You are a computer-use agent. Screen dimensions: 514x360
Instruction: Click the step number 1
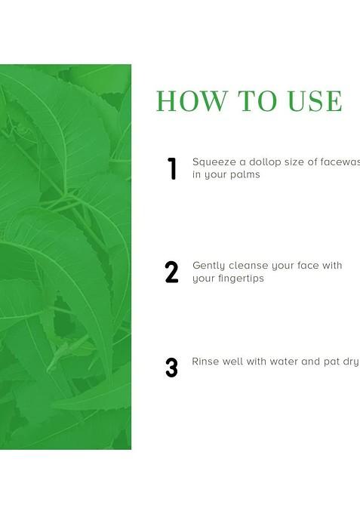[172, 169]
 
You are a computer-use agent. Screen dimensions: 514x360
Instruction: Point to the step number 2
[172, 272]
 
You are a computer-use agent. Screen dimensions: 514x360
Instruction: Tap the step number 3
[172, 368]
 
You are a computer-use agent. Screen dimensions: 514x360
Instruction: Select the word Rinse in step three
[205, 362]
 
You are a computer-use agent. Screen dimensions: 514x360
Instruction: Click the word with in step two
[333, 266]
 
